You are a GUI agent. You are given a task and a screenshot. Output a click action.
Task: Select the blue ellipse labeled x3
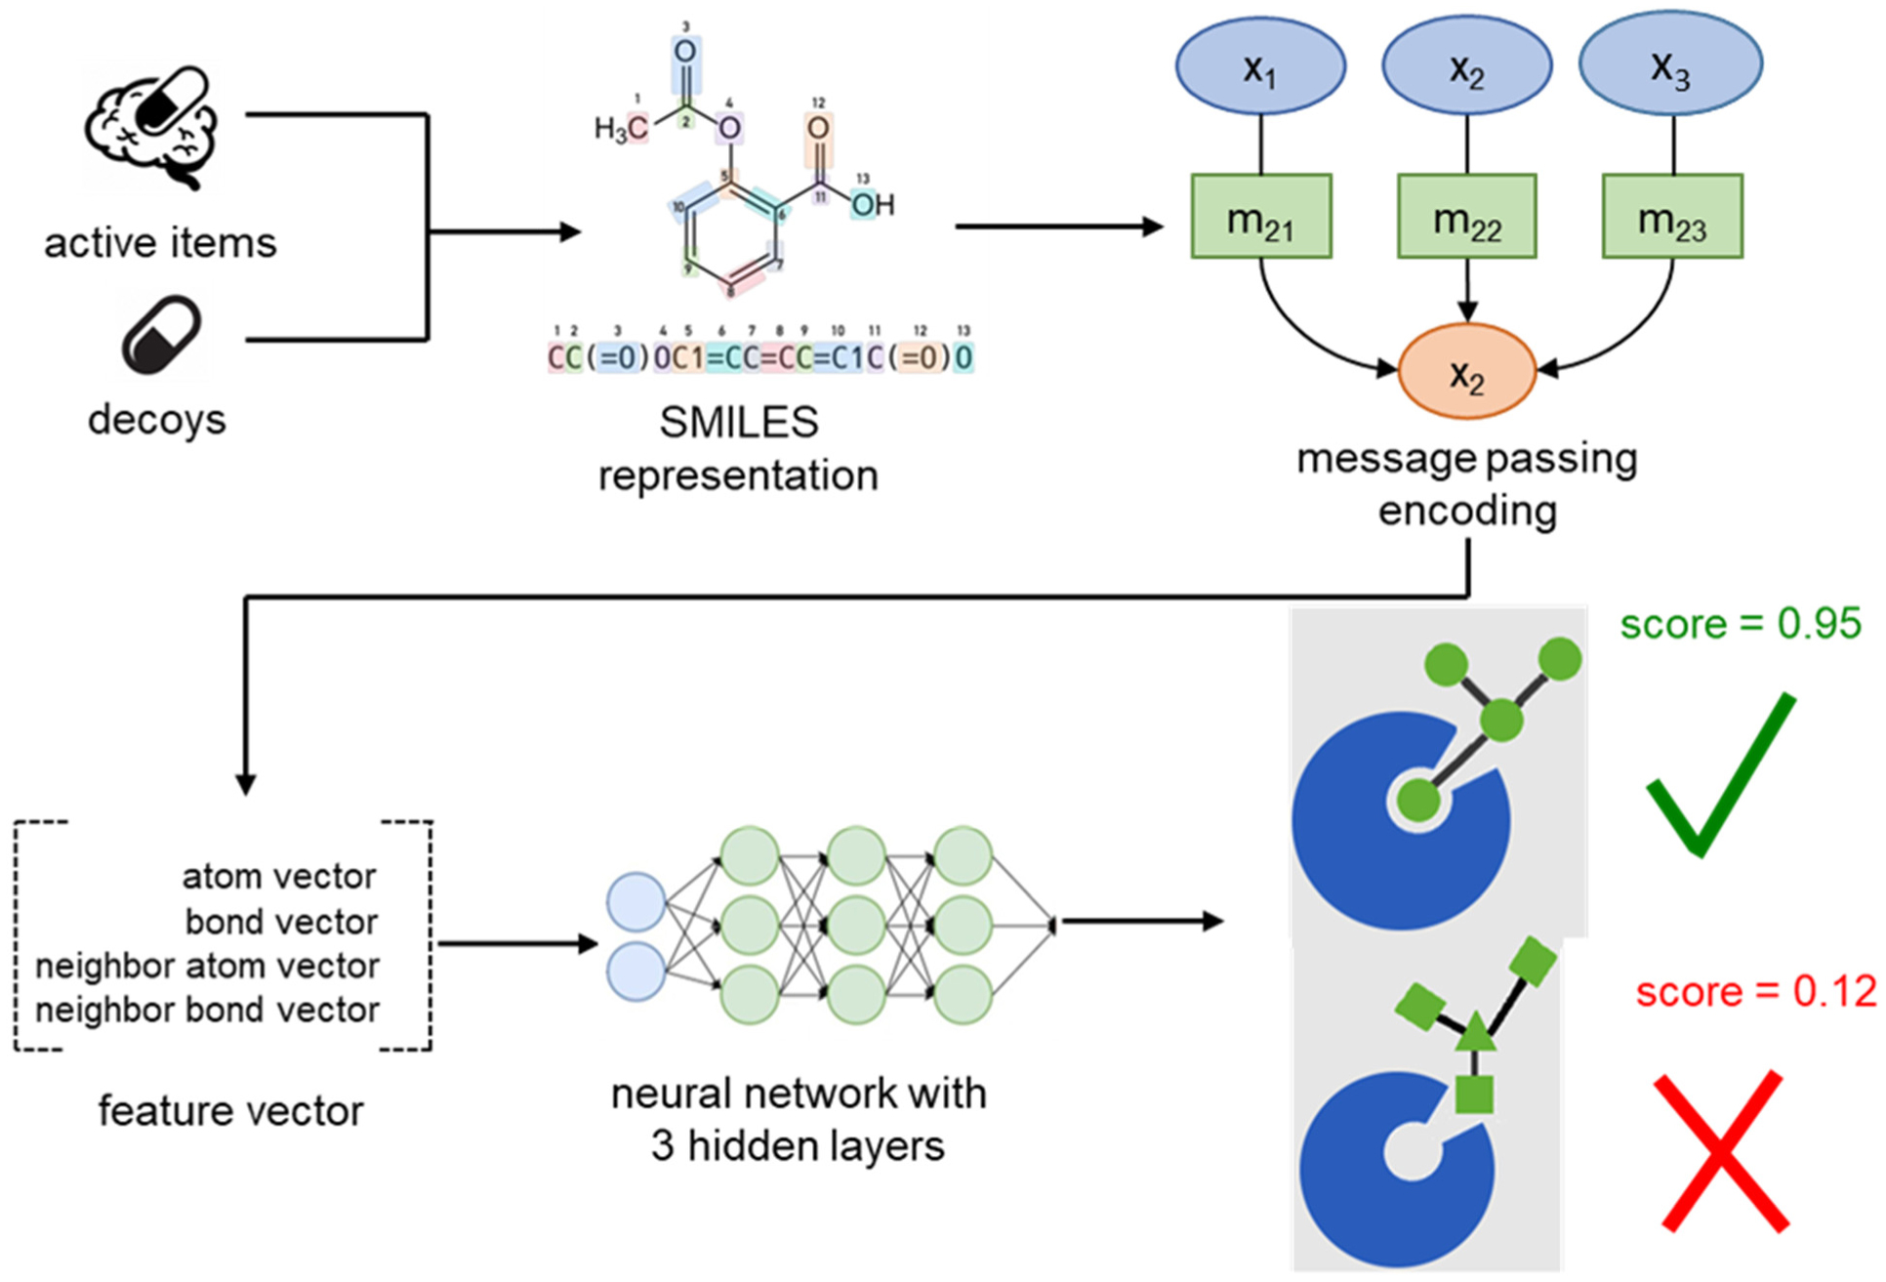click(x=1670, y=64)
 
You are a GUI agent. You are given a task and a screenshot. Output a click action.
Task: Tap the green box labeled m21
click(x=1260, y=217)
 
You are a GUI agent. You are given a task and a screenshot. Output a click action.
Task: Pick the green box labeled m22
click(x=1466, y=217)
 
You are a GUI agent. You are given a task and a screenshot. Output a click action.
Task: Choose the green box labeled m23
click(x=1671, y=217)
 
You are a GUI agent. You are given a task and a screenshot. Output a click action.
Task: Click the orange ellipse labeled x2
click(x=1466, y=372)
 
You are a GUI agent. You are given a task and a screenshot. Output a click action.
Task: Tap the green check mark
click(x=1720, y=776)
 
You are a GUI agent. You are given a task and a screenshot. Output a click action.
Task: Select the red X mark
click(x=1724, y=1151)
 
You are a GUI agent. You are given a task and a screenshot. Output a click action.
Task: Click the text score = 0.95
click(x=1741, y=624)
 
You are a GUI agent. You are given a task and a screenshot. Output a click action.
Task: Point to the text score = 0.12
click(x=1755, y=992)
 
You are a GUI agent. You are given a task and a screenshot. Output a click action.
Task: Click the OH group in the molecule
click(x=872, y=205)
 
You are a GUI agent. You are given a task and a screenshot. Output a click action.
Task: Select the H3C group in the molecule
click(x=622, y=129)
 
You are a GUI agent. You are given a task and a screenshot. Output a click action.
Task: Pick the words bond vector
click(x=281, y=922)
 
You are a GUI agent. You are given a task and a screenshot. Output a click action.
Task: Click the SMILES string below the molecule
click(x=760, y=358)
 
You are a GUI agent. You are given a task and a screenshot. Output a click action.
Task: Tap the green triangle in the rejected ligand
click(x=1474, y=1032)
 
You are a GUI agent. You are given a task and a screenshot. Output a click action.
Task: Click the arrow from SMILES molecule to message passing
click(x=1058, y=227)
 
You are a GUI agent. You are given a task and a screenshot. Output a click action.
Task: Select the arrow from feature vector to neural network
click(x=517, y=943)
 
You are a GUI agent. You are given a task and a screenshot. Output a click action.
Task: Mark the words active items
click(x=160, y=243)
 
